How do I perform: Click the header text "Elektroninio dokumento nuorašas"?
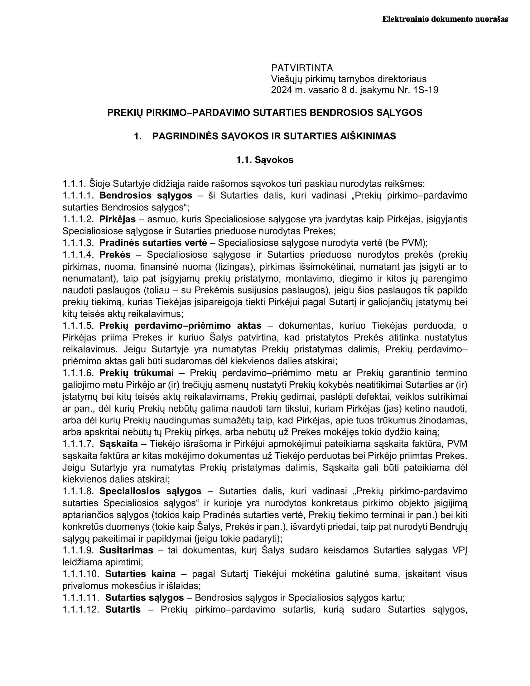pyautogui.click(x=445, y=19)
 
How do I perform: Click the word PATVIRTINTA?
pyautogui.click(x=302, y=68)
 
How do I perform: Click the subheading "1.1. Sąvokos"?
pyautogui.click(x=265, y=160)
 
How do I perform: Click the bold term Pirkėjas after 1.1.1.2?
pyautogui.click(x=118, y=219)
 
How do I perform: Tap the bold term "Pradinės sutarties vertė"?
pyautogui.click(x=153, y=243)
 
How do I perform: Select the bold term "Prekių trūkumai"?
pyautogui.click(x=137, y=373)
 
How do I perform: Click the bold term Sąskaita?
pyautogui.click(x=119, y=443)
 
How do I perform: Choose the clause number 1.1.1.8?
pyautogui.click(x=78, y=491)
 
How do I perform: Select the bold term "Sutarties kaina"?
pyautogui.click(x=140, y=574)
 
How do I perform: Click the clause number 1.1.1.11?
pyautogui.click(x=81, y=597)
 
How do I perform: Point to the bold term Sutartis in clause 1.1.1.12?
pyautogui.click(x=123, y=609)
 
